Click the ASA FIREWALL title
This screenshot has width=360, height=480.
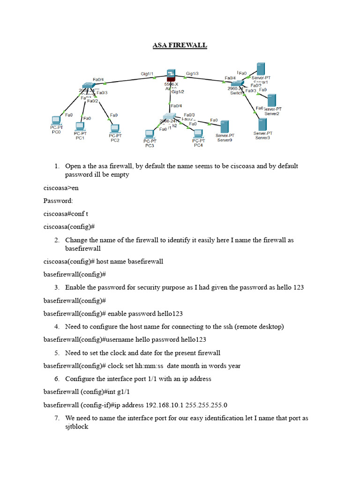click(x=180, y=45)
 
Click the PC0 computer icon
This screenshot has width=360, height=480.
click(x=56, y=120)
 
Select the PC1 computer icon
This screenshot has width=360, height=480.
click(x=80, y=126)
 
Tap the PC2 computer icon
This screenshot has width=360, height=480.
click(x=114, y=128)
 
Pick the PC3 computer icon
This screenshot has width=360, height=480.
click(x=150, y=134)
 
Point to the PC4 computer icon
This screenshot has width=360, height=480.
click(x=198, y=133)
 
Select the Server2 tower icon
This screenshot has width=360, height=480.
click(x=271, y=100)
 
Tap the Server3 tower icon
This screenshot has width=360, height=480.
click(x=262, y=124)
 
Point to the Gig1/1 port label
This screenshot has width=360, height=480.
click(x=147, y=74)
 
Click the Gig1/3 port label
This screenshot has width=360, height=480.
click(x=192, y=74)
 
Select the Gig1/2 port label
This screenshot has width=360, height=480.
click(x=178, y=92)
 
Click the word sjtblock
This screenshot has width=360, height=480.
click(x=76, y=427)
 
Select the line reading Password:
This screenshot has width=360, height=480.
click(x=58, y=201)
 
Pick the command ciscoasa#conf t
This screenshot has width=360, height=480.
click(x=66, y=214)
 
